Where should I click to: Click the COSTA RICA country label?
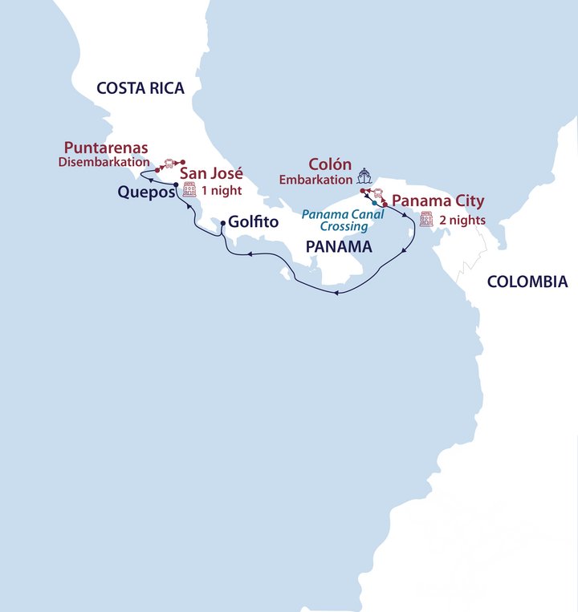[x=140, y=88]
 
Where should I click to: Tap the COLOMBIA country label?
[x=527, y=282]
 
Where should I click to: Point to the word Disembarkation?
[x=104, y=162]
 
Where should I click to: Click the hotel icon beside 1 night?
[x=189, y=190]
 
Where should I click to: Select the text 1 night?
[x=221, y=191]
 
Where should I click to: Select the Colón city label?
[x=331, y=165]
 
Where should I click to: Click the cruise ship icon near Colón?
[x=364, y=176]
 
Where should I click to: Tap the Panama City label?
[x=438, y=201]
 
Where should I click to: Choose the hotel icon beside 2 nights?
[x=426, y=219]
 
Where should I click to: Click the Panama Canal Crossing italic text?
[x=343, y=221]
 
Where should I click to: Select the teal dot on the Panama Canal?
[x=375, y=204]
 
